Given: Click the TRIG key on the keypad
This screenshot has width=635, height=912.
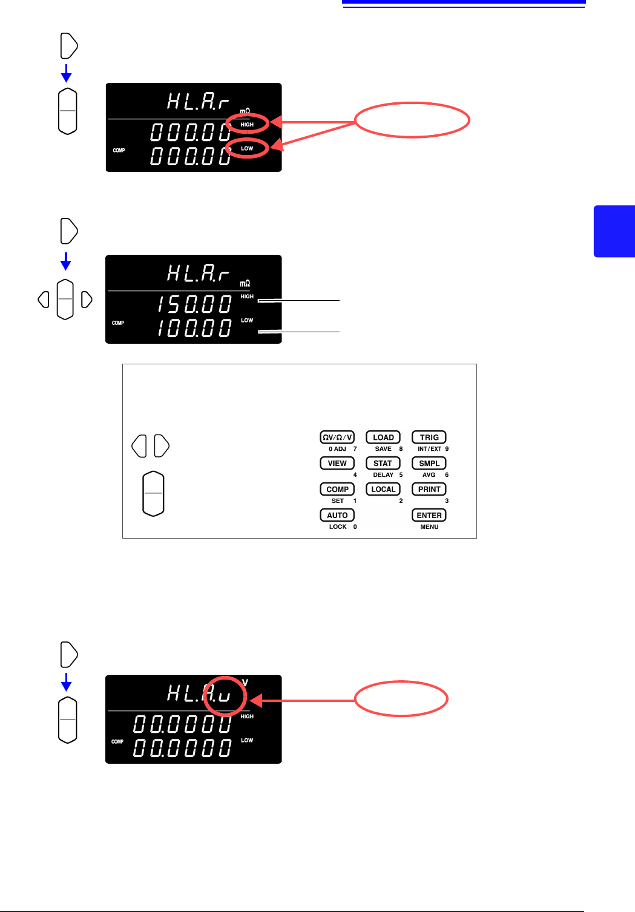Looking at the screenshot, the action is tap(429, 437).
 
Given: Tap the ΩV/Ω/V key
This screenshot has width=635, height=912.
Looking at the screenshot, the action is tap(337, 437).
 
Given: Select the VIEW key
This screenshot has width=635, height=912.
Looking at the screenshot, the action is tap(337, 463).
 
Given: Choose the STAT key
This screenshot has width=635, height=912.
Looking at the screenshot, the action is tap(383, 463).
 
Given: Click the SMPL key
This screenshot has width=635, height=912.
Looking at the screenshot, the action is tap(429, 463).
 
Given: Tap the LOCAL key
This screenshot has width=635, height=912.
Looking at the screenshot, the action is tap(383, 489).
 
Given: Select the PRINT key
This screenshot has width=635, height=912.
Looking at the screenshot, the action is tap(429, 489).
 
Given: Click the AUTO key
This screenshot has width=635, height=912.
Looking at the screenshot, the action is tap(337, 515).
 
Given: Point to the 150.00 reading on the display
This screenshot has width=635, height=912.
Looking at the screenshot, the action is tap(194, 304).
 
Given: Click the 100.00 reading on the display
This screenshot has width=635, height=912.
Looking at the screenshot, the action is tap(194, 328).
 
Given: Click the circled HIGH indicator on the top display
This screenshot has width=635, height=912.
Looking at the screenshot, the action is tap(247, 125).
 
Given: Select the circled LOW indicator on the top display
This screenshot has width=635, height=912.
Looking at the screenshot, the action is tap(247, 148).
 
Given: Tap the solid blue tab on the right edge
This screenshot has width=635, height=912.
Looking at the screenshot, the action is tap(614, 231).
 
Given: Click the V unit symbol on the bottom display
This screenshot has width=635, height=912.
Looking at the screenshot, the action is tap(245, 683).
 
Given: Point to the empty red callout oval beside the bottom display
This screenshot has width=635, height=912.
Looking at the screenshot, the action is tap(401, 699).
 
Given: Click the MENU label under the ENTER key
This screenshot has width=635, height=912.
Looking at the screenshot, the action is tap(429, 527).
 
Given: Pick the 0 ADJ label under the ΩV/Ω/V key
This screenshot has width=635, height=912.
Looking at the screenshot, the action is tap(337, 449).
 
